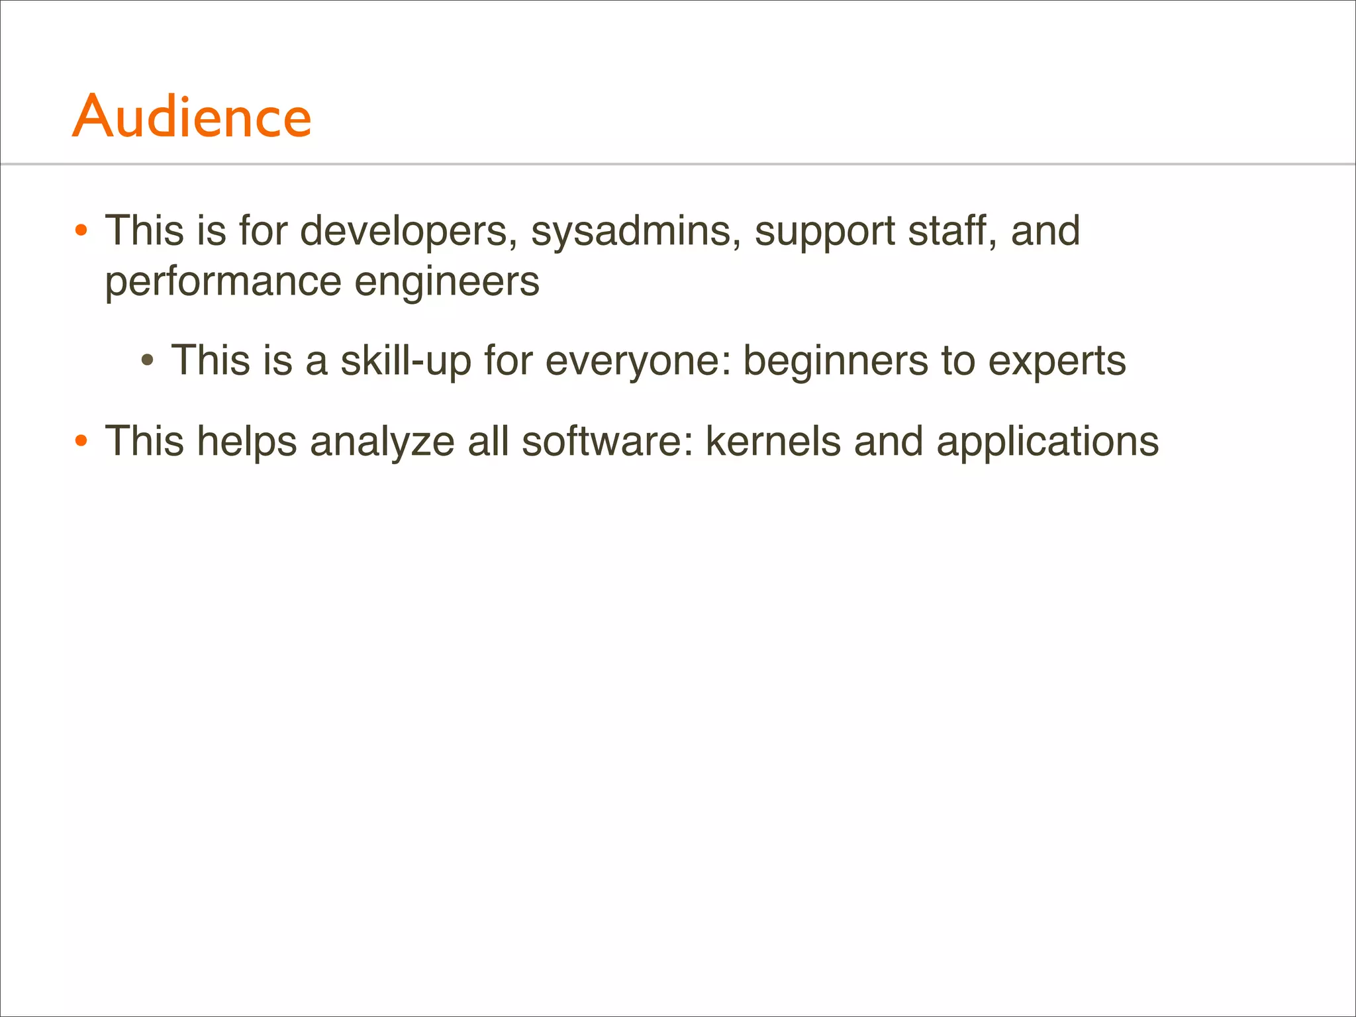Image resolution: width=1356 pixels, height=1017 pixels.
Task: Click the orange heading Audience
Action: pos(192,117)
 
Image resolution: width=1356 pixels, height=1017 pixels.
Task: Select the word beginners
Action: pos(836,362)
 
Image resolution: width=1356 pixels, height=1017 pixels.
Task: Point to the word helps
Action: pos(247,442)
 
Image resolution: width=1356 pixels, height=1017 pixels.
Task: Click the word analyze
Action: pos(382,442)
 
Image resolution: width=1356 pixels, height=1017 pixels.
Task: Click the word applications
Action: pos(1047,442)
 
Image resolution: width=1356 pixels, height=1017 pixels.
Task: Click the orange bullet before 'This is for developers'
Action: pos(81,232)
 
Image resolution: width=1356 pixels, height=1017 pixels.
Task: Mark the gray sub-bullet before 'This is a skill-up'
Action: pos(148,362)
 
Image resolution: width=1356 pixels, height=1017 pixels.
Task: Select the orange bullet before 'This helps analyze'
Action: pos(81,441)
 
